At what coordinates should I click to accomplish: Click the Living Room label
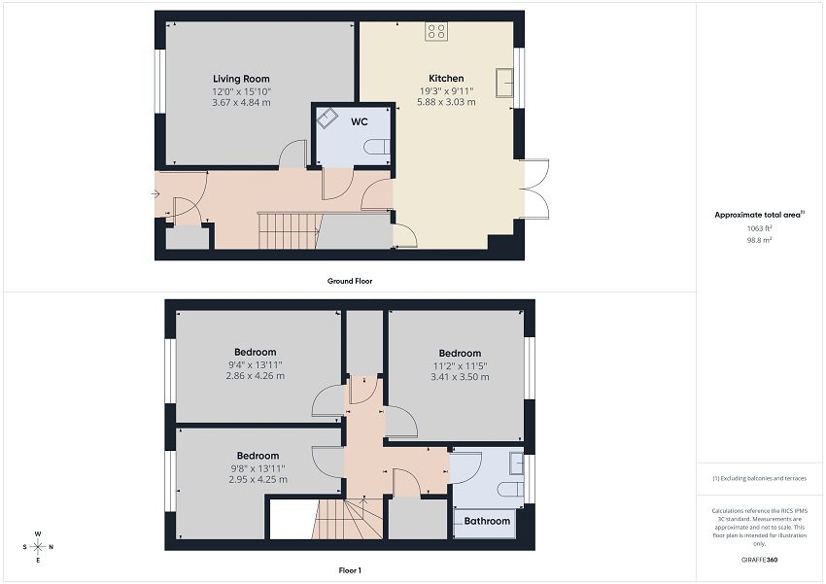[241, 79]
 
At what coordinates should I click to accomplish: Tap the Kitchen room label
[446, 79]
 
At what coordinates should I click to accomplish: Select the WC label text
[360, 121]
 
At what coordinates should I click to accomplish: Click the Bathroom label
[487, 521]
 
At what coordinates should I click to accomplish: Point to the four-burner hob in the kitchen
[436, 31]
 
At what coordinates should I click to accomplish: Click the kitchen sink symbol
[505, 83]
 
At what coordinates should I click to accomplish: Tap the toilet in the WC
[377, 147]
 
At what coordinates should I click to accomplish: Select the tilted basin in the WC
[327, 118]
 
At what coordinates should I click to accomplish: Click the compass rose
[38, 547]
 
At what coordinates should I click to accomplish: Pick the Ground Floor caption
[350, 281]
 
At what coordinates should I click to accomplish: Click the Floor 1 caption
[350, 570]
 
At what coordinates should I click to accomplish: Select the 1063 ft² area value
[759, 228]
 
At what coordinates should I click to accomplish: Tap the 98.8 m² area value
[759, 240]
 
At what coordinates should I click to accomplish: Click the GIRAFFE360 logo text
[759, 560]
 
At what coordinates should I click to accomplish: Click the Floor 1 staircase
[347, 519]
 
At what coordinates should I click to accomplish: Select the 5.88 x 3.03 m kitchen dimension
[446, 102]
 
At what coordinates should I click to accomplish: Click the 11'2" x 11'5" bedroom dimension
[460, 365]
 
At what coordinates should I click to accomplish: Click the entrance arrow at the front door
[155, 194]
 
